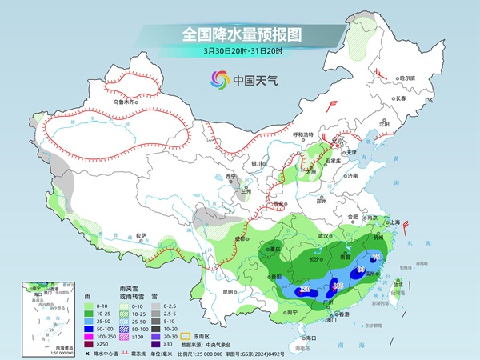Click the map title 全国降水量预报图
[x=239, y=34]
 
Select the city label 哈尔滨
[x=407, y=78]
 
